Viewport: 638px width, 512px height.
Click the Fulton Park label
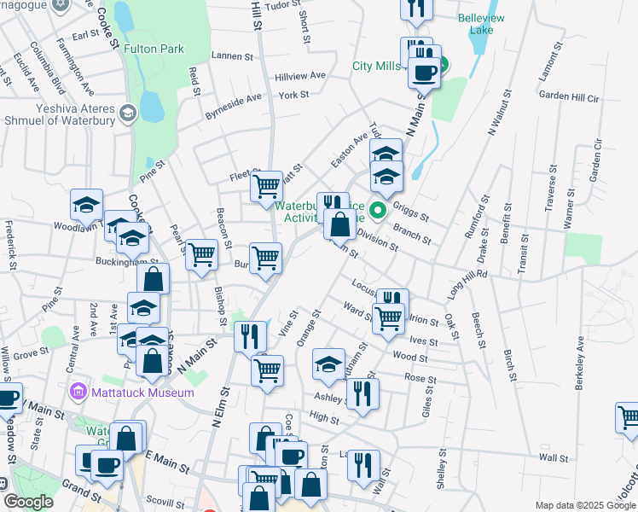tap(154, 49)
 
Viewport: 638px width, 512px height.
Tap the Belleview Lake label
tap(481, 24)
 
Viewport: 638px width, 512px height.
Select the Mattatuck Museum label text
tap(128, 392)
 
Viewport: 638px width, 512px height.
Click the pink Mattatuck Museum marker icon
tap(78, 392)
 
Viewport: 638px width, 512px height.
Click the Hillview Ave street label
tap(300, 76)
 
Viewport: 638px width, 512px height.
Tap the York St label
tap(293, 95)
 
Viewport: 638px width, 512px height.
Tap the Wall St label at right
tap(553, 458)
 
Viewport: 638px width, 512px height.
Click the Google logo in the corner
tap(29, 502)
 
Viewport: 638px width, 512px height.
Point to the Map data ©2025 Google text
tap(584, 504)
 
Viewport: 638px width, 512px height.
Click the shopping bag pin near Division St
tap(339, 226)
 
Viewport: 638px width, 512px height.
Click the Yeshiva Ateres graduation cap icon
tap(127, 113)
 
